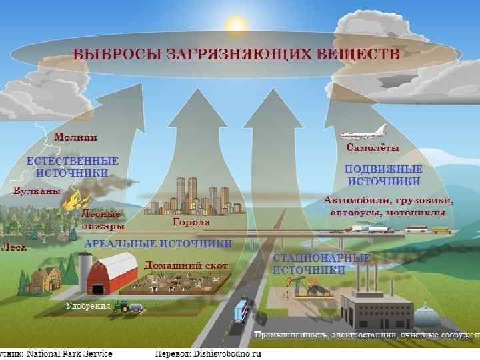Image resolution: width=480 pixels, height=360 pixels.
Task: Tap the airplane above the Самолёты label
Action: click(x=363, y=131)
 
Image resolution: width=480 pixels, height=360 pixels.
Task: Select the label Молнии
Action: click(x=75, y=137)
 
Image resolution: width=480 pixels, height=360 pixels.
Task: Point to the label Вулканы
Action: click(x=37, y=191)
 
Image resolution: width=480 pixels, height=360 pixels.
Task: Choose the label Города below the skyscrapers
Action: click(x=191, y=222)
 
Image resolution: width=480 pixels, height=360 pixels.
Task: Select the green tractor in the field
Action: click(x=123, y=307)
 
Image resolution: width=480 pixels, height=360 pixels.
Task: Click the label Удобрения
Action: click(x=88, y=306)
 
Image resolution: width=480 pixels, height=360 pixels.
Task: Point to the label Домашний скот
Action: click(x=186, y=265)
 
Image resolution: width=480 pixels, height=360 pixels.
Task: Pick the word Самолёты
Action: click(x=373, y=147)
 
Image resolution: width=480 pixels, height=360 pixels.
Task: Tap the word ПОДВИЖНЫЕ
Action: click(x=383, y=169)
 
